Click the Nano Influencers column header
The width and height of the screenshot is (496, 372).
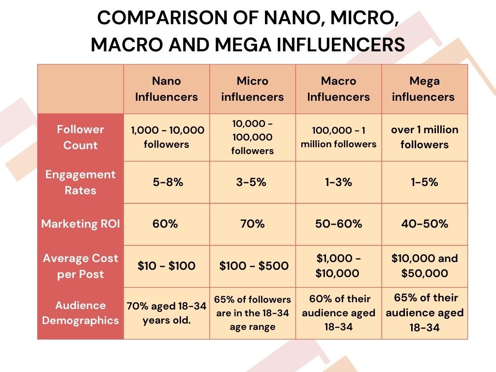click(166, 89)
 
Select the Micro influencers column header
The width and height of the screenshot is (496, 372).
click(252, 89)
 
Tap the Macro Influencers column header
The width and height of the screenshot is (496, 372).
click(339, 89)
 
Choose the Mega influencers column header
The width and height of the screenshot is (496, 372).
click(424, 89)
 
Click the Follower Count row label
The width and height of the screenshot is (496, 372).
click(80, 137)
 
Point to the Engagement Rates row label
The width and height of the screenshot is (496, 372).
click(80, 182)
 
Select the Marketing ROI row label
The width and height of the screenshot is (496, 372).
click(80, 224)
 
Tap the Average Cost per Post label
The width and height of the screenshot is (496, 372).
click(80, 266)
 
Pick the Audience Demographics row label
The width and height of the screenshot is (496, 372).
click(80, 313)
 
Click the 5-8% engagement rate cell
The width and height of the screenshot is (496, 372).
click(166, 182)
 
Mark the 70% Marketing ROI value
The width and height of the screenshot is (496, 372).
click(252, 224)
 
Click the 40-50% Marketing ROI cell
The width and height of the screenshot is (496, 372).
click(424, 224)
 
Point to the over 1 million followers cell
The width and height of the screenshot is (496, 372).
click(424, 137)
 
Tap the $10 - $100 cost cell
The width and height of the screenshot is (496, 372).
click(166, 266)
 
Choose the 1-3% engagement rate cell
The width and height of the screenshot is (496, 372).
click(339, 182)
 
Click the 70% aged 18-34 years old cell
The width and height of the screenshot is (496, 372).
click(166, 313)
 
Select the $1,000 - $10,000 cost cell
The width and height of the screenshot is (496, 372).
click(339, 266)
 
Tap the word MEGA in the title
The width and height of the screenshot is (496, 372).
click(252, 45)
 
